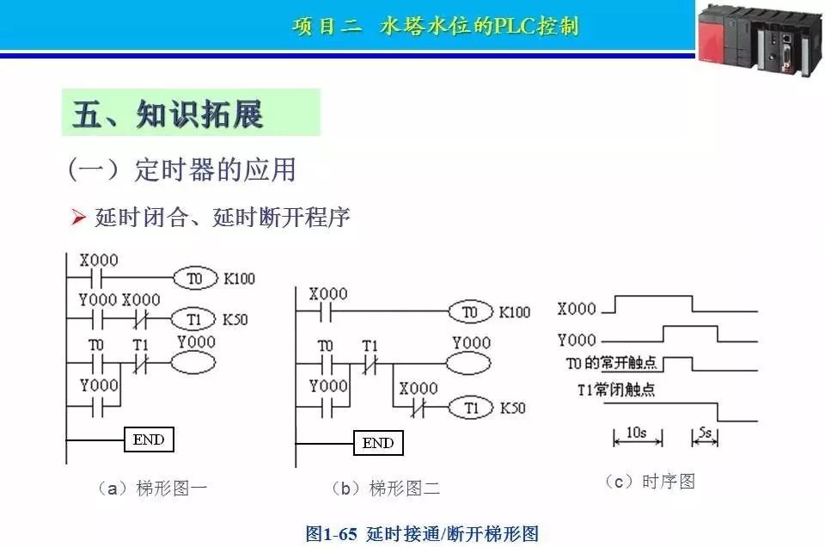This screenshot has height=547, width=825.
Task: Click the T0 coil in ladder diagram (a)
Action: (195, 279)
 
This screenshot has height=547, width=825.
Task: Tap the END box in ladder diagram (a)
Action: (149, 439)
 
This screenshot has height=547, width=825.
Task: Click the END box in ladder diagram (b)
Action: (378, 443)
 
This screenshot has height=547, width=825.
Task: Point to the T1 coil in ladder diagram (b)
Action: (470, 408)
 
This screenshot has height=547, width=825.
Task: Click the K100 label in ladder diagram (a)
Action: (239, 279)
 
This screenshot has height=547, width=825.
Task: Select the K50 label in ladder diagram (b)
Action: (512, 408)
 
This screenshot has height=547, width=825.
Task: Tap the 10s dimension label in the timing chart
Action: (636, 433)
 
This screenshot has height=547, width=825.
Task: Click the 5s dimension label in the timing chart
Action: (704, 433)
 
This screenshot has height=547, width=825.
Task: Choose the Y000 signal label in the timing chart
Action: (576, 340)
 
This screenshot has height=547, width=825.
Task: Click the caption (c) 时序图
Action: (650, 482)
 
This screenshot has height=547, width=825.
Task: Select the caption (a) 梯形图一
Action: (152, 489)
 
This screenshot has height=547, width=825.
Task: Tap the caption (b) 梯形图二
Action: (385, 489)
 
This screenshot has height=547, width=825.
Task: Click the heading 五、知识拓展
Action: (168, 114)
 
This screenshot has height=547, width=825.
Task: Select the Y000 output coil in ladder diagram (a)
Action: (193, 362)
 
